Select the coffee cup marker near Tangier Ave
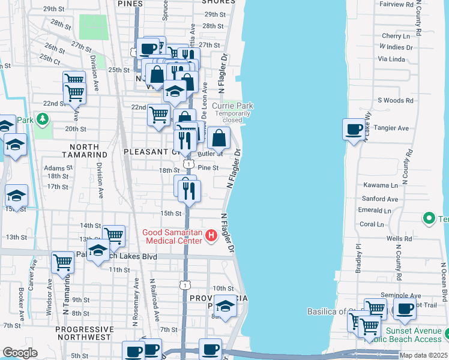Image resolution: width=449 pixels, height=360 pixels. point(353,129)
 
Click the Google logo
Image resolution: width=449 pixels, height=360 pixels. point(20,353)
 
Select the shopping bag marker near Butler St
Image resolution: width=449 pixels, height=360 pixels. point(220,138)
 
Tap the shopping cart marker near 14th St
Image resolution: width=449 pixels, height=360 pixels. point(113,235)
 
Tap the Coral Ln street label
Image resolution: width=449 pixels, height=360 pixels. point(372,224)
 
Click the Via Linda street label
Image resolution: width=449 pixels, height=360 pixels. point(391,59)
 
